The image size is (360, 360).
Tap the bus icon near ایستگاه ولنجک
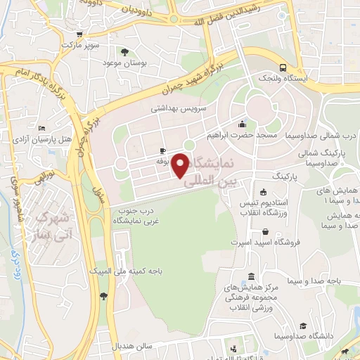click(x=282, y=68)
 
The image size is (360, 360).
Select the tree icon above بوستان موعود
click(x=124, y=51)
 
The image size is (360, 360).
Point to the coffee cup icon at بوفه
click(x=162, y=150)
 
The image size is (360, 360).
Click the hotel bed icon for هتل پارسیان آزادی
click(x=42, y=129)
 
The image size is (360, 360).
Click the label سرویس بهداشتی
click(x=179, y=110)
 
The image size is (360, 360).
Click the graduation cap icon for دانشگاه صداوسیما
click(x=302, y=326)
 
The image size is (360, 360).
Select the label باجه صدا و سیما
click(x=318, y=281)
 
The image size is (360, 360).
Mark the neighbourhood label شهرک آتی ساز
click(x=51, y=223)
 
